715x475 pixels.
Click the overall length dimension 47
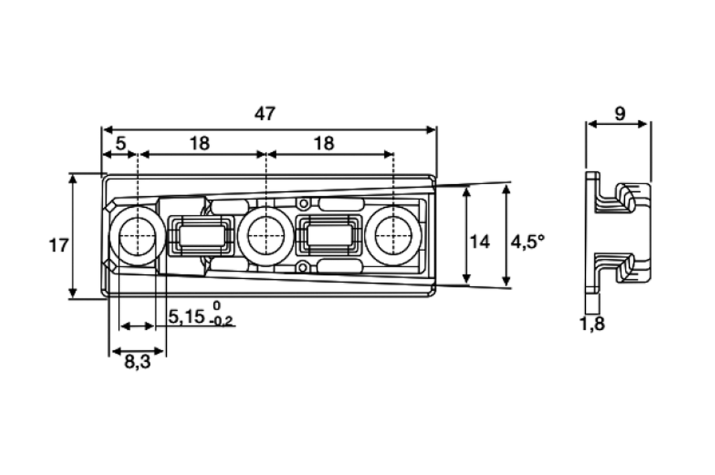[x=265, y=114]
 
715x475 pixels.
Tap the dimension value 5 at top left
[x=120, y=144]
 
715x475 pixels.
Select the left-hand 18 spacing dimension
[x=199, y=144]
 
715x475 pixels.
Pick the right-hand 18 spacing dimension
[x=323, y=144]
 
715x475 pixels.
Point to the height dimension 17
[x=59, y=246]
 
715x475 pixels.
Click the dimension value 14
[x=479, y=243]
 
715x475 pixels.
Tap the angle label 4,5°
[x=527, y=242]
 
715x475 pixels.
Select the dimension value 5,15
[x=186, y=317]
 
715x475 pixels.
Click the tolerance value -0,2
[x=223, y=322]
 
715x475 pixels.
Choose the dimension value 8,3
[x=137, y=363]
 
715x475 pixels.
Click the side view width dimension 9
[x=619, y=114]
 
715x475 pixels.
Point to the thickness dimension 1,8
[x=592, y=324]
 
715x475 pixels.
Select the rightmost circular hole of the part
[x=392, y=236]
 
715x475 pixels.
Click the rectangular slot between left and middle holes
[x=201, y=236]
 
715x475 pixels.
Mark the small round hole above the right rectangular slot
[x=303, y=204]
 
